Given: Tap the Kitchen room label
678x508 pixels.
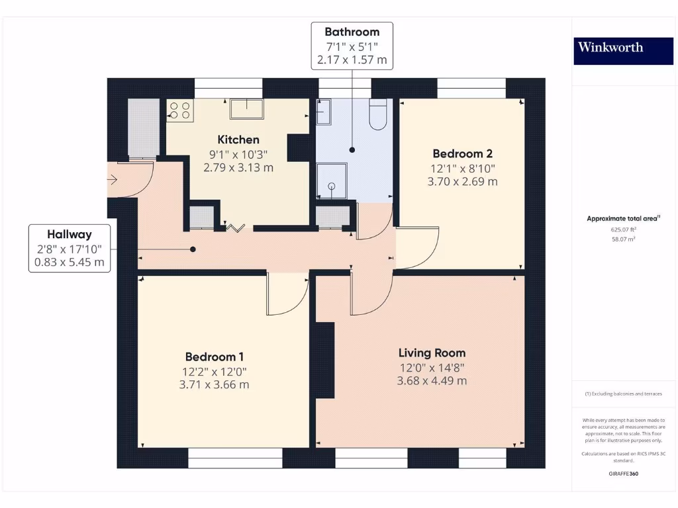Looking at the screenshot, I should (x=238, y=140).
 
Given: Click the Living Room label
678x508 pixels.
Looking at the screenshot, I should (x=432, y=353).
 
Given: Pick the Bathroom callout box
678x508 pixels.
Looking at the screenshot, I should (x=352, y=46).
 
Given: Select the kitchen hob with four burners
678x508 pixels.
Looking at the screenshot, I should (x=179, y=110).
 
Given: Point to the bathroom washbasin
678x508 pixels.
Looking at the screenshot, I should (x=324, y=112).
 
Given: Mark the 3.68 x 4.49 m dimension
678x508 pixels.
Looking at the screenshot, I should (x=432, y=381).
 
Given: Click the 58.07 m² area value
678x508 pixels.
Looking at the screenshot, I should (x=623, y=239).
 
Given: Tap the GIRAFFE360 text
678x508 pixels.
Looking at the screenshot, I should (x=623, y=474).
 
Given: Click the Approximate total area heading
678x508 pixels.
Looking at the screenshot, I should (x=623, y=218).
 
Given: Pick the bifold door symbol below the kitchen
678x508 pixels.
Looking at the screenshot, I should (x=235, y=228).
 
